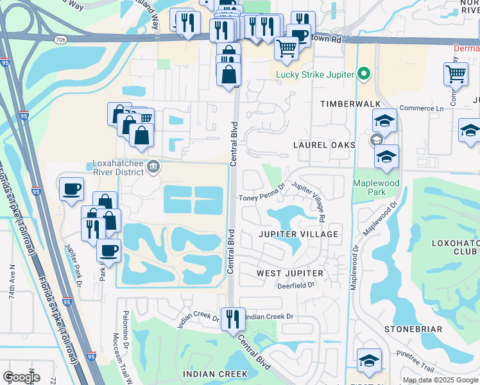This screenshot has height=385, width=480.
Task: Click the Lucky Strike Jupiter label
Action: click(x=315, y=74)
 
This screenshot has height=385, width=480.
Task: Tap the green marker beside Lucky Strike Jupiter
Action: click(x=364, y=74)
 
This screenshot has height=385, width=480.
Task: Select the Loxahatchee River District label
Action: click(x=116, y=167)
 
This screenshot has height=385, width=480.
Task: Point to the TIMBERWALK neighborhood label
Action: click(x=350, y=104)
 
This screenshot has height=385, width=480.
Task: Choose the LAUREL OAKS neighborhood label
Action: click(x=325, y=145)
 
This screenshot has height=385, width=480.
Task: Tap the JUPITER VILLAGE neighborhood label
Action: click(x=298, y=234)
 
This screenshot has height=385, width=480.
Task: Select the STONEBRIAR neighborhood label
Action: click(x=413, y=329)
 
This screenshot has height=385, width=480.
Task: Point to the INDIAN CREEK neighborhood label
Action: click(x=215, y=374)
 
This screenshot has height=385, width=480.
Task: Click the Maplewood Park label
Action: click(x=376, y=187)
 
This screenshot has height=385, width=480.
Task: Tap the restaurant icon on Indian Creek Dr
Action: click(x=233, y=318)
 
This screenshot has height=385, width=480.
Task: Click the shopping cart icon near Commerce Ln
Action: click(x=456, y=74)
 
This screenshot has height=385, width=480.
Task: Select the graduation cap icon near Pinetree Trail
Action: click(x=369, y=360)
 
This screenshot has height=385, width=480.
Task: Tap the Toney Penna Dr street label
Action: click(x=261, y=198)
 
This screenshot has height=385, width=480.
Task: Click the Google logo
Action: click(x=21, y=377)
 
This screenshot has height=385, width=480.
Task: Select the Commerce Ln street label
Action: click(x=422, y=108)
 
